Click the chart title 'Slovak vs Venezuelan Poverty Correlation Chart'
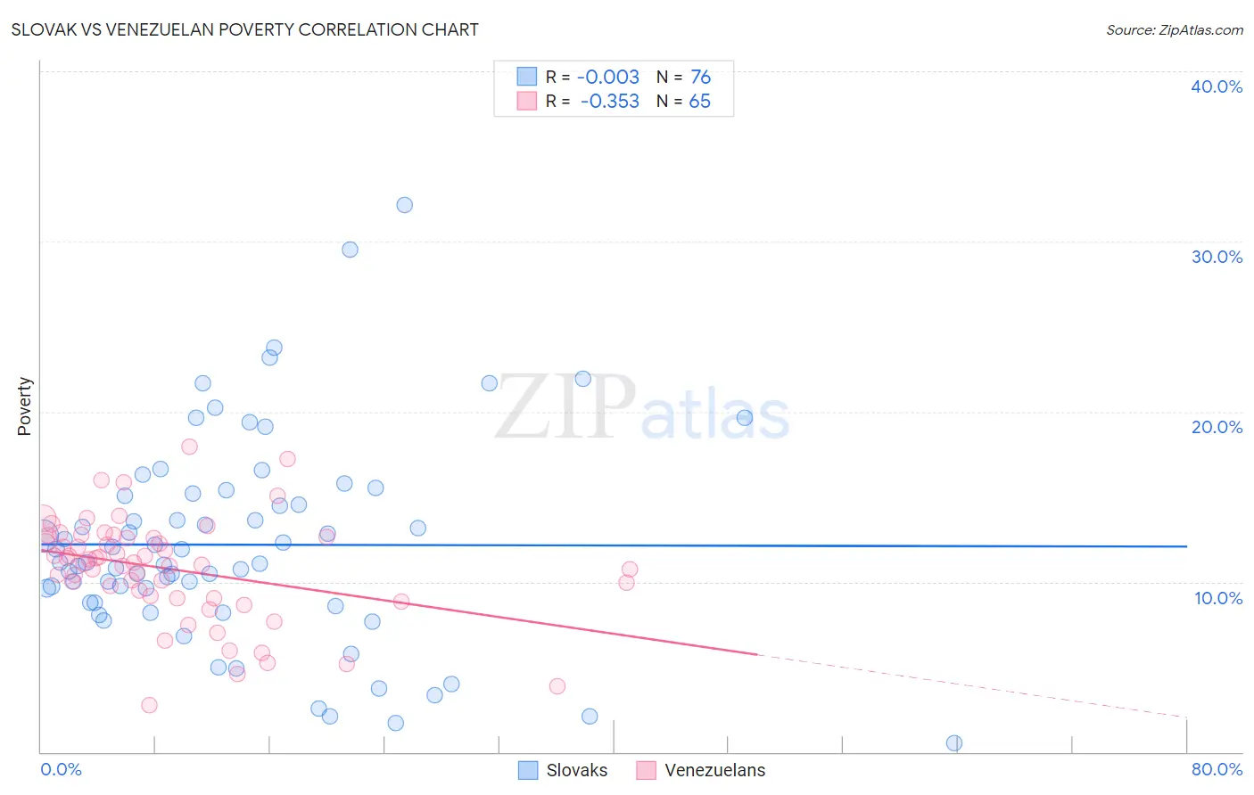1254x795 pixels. [x=244, y=29]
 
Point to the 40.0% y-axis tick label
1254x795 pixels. [x=1216, y=86]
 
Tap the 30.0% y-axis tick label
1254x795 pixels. [x=1216, y=257]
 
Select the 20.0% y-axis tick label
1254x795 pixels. [x=1216, y=427]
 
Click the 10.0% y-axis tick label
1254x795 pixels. [x=1217, y=598]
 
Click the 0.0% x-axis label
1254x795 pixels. [x=61, y=769]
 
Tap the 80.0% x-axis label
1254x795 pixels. [x=1217, y=769]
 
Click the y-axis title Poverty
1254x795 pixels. [x=24, y=406]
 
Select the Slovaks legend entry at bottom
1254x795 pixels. [x=564, y=770]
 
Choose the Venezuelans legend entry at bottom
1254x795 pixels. [x=701, y=770]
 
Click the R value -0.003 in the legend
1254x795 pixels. [x=608, y=78]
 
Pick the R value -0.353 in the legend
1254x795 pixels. [x=609, y=102]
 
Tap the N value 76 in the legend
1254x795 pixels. [x=700, y=78]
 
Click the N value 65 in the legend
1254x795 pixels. [x=699, y=102]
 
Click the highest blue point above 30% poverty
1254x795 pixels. [x=404, y=205]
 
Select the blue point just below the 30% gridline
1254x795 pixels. [x=350, y=250]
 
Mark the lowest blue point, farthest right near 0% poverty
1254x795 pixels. [x=953, y=743]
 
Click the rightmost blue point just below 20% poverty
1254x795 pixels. [x=745, y=417]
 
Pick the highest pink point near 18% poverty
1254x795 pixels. [x=189, y=447]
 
